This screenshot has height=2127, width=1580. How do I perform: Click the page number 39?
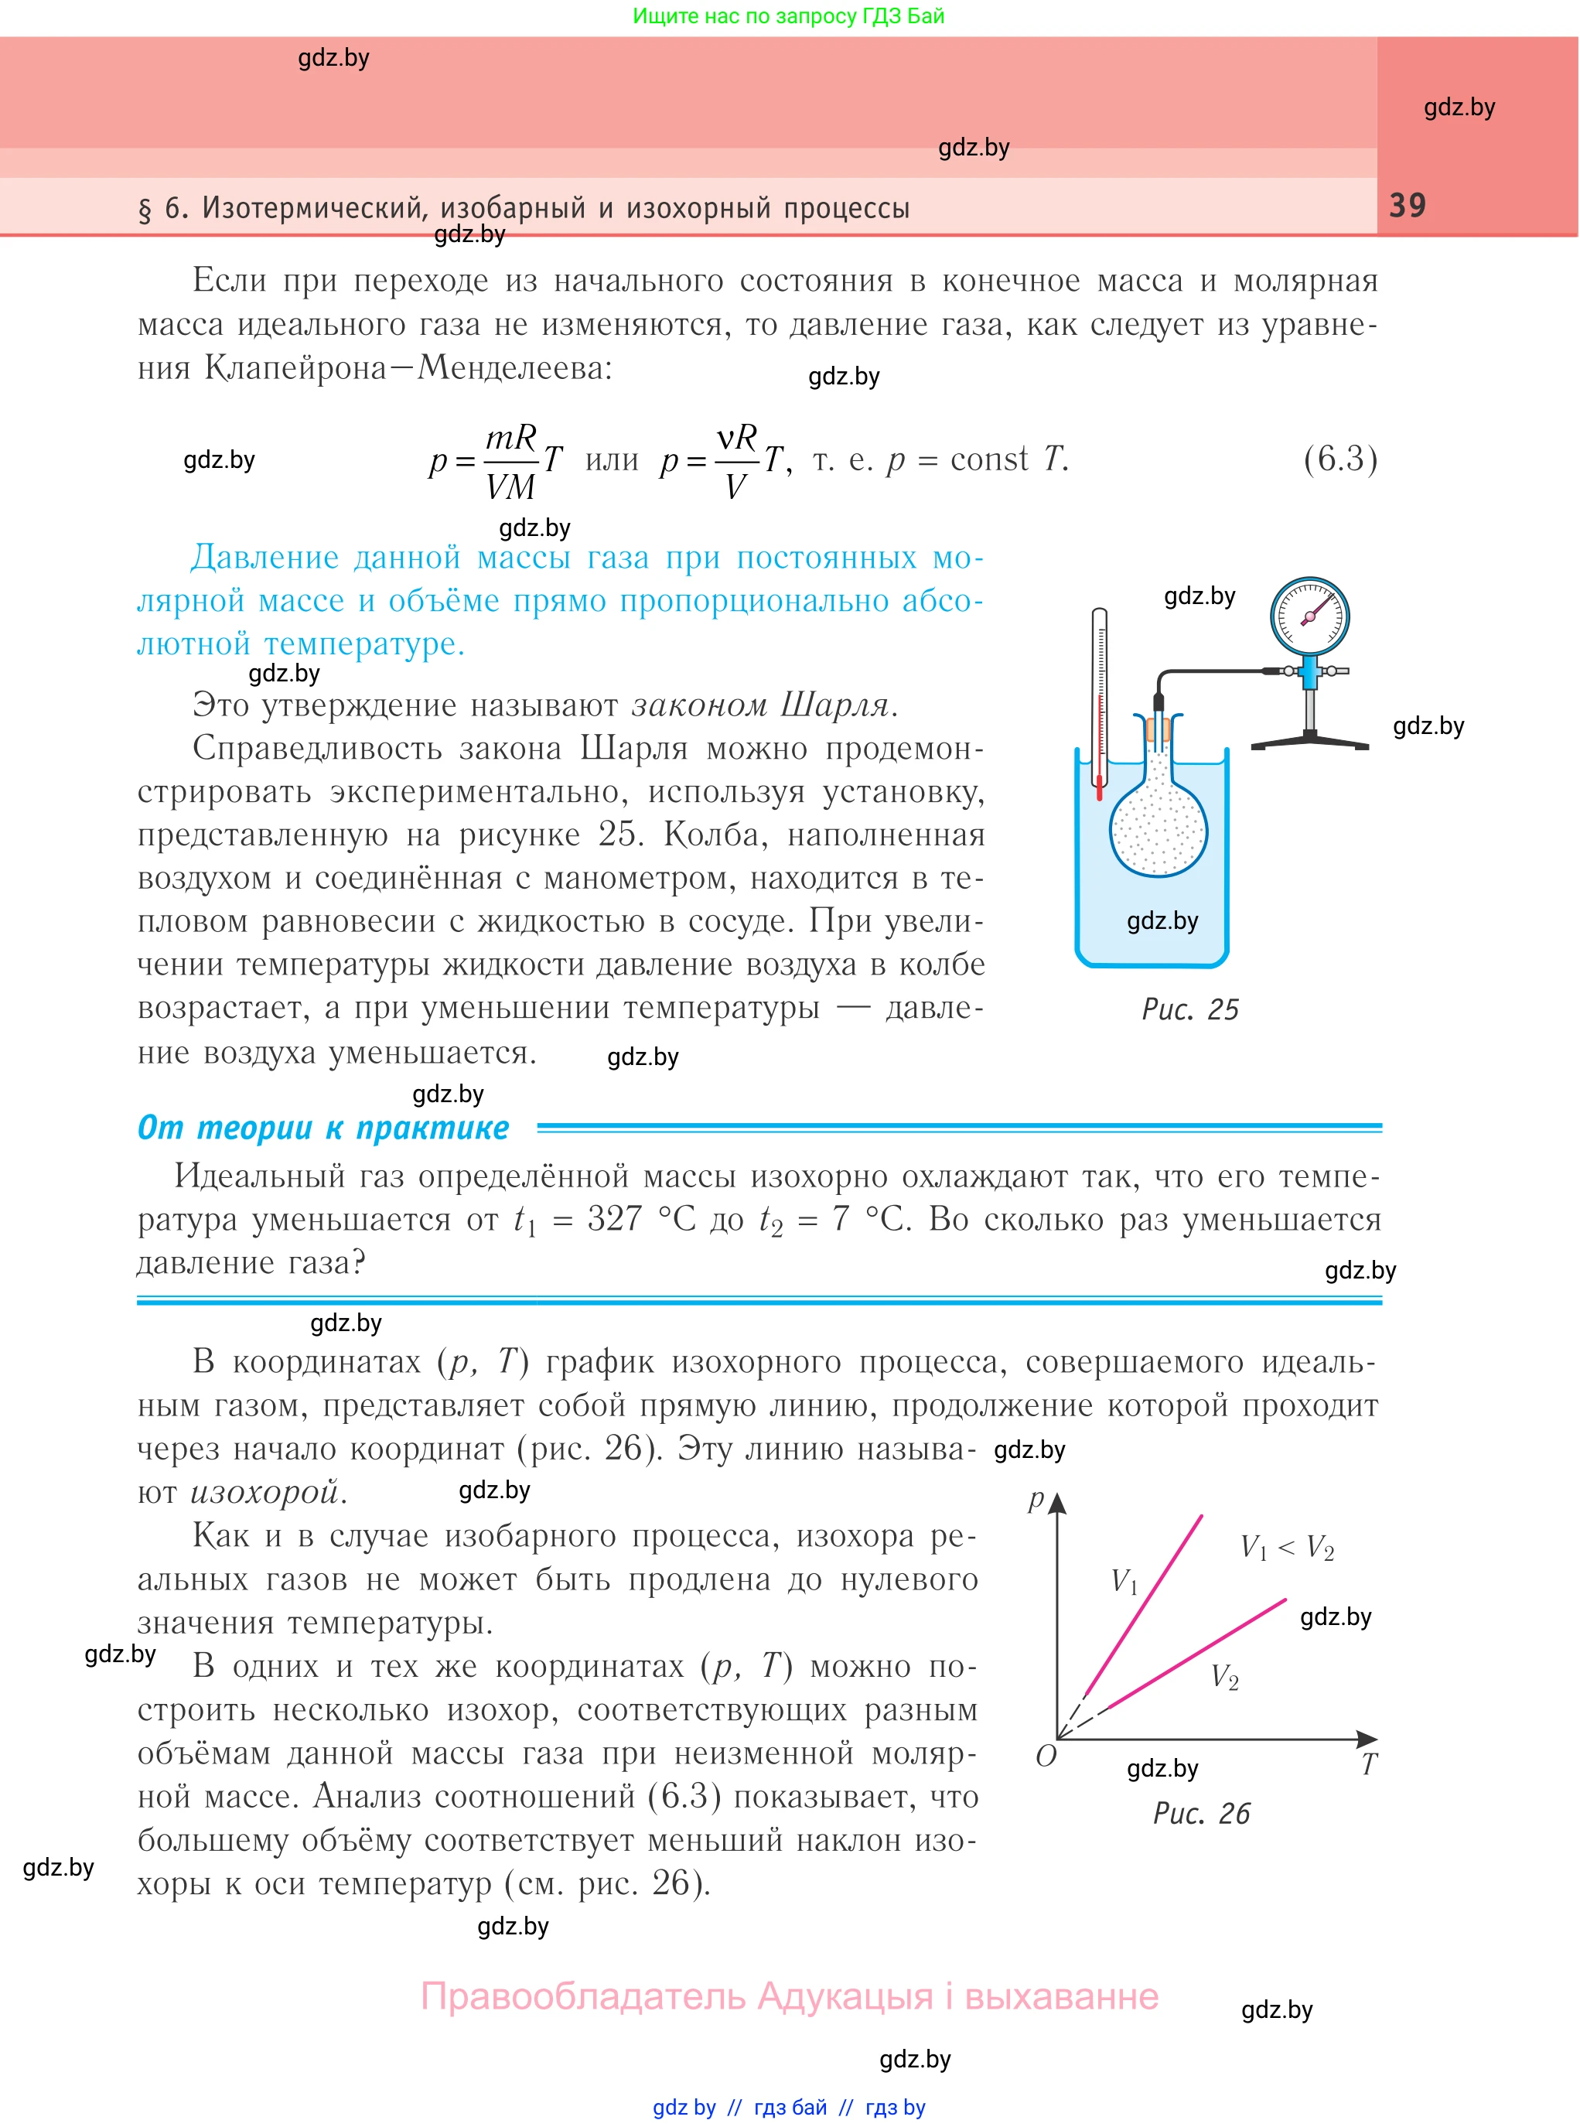coord(1407,205)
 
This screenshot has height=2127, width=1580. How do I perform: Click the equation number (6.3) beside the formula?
coord(1340,459)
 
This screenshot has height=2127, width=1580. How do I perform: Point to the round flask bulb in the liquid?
coord(1159,829)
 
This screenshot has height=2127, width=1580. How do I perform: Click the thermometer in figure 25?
coord(1100,703)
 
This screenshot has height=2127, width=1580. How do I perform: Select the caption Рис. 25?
coord(1189,1010)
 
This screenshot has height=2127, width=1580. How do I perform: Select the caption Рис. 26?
coord(1201,1813)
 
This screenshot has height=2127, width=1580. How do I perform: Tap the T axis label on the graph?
coord(1369,1764)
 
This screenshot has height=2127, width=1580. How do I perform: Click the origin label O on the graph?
coord(1046,1756)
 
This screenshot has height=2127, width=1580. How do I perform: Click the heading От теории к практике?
coord(323,1128)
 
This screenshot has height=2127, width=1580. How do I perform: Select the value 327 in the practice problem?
coord(614,1220)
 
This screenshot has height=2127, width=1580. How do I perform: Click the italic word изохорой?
coord(268,1492)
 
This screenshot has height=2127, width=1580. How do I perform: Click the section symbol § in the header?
coord(145,209)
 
